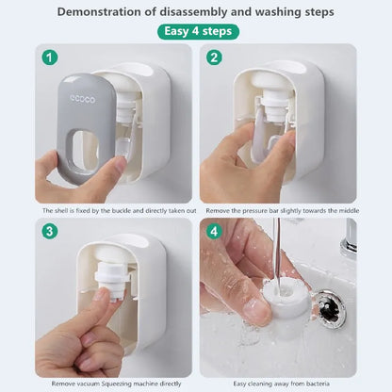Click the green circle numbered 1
pyautogui.click(x=50, y=57)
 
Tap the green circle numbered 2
pyautogui.click(x=214, y=57)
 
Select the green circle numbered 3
pyautogui.click(x=50, y=232)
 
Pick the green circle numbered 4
pyautogui.click(x=214, y=232)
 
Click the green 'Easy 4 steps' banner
pyautogui.click(x=197, y=31)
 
